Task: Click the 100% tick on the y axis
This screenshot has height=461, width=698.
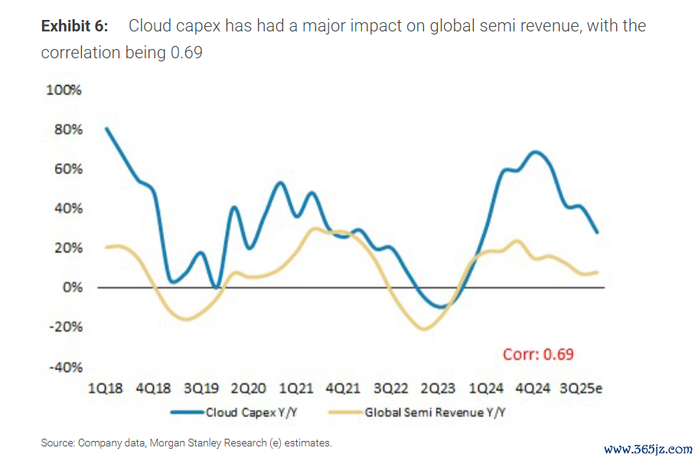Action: (64, 90)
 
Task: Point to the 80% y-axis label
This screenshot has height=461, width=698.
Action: (67, 129)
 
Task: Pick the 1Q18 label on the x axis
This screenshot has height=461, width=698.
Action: (106, 388)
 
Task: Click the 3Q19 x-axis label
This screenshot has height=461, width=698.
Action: (201, 388)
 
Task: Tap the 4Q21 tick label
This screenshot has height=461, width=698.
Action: (343, 388)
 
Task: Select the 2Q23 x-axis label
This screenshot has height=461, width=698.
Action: (437, 388)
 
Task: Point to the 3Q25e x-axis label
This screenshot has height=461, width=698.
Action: (582, 388)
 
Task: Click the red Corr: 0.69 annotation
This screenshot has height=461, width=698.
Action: (538, 354)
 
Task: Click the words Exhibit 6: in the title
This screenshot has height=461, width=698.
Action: (74, 26)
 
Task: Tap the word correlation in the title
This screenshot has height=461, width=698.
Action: (80, 53)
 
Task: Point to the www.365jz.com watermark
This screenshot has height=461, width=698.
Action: (648, 449)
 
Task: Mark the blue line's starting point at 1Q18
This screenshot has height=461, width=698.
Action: (106, 128)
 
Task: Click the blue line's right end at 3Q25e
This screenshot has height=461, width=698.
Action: (598, 233)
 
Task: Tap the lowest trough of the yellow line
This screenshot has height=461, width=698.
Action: (423, 330)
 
